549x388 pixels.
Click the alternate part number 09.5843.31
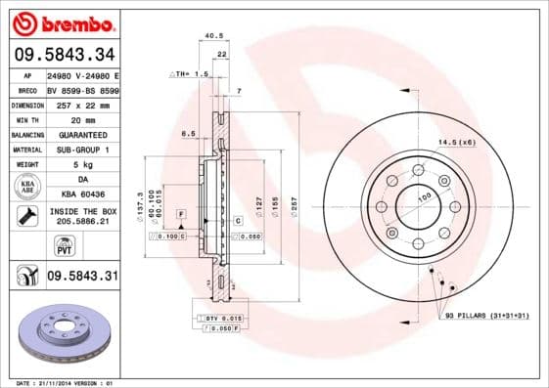[82, 278]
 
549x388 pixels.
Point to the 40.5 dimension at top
[207, 38]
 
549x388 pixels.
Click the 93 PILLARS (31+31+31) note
[485, 316]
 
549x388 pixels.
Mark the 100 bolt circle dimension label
[426, 197]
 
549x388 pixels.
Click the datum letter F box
[181, 213]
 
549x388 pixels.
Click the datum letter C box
[238, 222]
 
